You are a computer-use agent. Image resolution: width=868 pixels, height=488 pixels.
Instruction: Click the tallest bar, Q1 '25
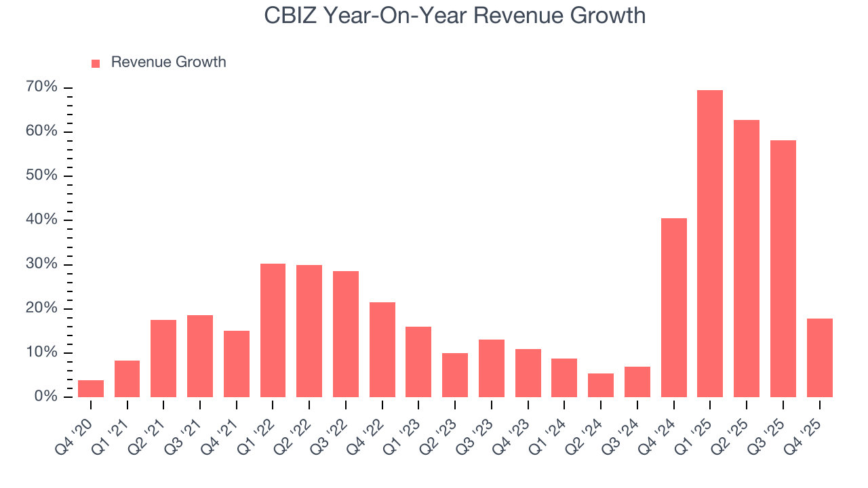tap(710, 243)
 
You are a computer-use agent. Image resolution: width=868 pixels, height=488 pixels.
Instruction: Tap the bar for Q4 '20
tap(91, 388)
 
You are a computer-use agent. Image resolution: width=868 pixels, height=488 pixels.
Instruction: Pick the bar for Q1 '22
tap(273, 330)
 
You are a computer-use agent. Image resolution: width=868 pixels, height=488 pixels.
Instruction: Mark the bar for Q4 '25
tap(819, 357)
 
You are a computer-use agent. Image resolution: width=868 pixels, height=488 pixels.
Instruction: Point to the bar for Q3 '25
tap(783, 268)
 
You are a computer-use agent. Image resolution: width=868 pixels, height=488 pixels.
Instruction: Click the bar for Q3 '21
tap(200, 356)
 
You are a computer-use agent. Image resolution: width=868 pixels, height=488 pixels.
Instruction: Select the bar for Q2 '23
tap(455, 375)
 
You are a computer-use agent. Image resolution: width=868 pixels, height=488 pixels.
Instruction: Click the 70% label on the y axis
tap(43, 87)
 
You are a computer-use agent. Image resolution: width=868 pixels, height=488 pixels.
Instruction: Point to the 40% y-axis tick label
tap(43, 220)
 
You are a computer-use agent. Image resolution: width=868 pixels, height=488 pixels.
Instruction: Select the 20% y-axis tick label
tap(43, 308)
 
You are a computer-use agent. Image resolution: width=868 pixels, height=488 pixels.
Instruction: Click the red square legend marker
tap(96, 63)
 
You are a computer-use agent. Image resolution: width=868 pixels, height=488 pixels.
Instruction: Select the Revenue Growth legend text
tap(168, 62)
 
